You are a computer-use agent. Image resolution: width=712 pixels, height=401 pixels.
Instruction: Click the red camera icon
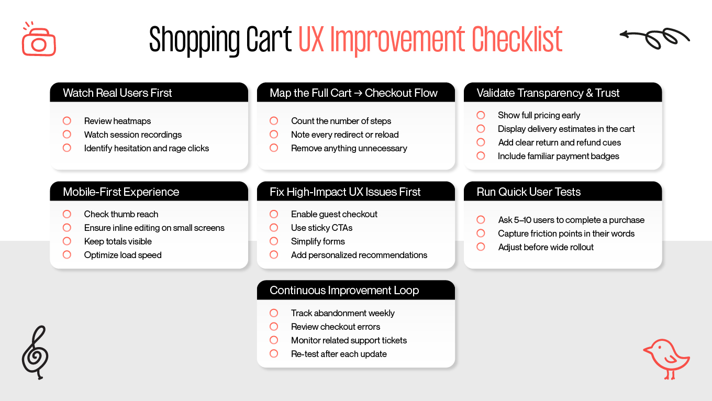(39, 41)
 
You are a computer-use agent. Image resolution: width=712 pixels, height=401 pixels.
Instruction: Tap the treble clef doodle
(36, 352)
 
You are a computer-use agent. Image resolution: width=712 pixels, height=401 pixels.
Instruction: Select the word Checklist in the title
(517, 40)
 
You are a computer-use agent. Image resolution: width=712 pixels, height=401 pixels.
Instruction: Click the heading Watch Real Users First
(117, 93)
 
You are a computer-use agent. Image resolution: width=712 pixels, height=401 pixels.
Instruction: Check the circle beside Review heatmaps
(67, 121)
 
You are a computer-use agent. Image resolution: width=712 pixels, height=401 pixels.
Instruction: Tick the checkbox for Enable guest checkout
(274, 214)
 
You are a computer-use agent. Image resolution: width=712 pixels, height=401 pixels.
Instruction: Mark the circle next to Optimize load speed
(67, 255)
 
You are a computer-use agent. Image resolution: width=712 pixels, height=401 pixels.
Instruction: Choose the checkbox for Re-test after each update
(274, 354)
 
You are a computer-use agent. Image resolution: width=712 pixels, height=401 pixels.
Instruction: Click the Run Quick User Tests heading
(528, 192)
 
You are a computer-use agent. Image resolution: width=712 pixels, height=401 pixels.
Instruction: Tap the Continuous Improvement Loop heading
(344, 291)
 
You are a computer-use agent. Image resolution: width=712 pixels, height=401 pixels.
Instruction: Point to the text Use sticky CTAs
(321, 228)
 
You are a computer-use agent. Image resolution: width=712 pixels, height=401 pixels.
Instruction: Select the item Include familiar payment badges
(558, 156)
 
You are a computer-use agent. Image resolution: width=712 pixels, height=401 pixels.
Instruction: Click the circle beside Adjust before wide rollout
(481, 247)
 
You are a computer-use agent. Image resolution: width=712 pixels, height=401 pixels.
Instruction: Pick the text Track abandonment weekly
(342, 313)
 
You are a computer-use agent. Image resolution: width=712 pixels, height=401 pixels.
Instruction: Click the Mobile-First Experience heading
(121, 192)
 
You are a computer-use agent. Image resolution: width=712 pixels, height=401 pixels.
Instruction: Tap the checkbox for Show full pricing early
(481, 115)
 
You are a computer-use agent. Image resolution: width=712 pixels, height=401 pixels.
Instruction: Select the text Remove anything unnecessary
(349, 148)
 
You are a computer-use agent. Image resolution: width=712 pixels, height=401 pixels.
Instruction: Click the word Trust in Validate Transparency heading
(607, 93)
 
